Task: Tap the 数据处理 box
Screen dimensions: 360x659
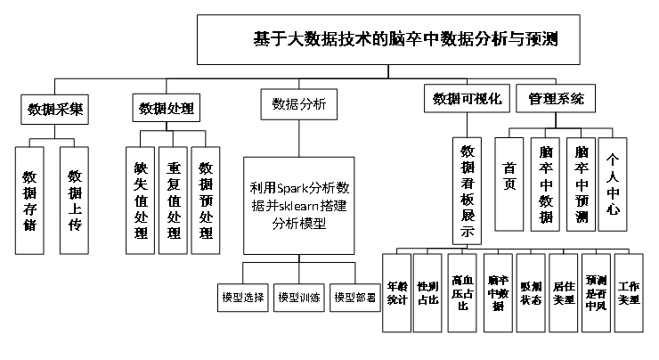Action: click(167, 110)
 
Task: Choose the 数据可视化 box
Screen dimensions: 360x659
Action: click(468, 99)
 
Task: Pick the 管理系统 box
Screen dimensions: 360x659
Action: click(557, 99)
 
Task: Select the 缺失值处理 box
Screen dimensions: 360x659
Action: click(140, 200)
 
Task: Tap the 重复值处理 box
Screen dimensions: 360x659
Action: click(173, 200)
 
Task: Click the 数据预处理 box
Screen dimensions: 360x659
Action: click(207, 200)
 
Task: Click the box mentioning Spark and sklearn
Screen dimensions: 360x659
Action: click(298, 206)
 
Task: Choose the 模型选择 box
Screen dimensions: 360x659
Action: click(243, 297)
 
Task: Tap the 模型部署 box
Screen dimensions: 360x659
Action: click(354, 297)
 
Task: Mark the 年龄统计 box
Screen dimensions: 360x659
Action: click(396, 293)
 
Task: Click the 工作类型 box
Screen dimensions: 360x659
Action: click(629, 293)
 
